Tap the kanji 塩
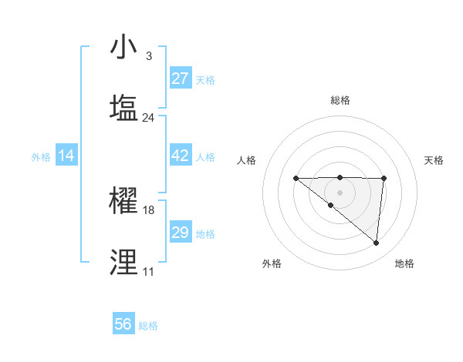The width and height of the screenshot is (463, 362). (x=123, y=107)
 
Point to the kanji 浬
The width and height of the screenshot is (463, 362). (x=123, y=262)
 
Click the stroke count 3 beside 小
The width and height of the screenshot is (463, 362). (x=148, y=56)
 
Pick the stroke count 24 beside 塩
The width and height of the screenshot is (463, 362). (x=148, y=118)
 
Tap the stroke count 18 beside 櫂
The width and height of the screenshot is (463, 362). (x=148, y=209)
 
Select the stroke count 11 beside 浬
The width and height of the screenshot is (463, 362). (x=148, y=272)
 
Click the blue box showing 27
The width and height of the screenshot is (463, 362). (x=180, y=79)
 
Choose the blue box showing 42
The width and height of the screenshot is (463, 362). (x=180, y=156)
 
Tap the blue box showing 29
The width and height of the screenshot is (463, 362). (x=180, y=233)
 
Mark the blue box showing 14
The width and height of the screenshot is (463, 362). (x=66, y=156)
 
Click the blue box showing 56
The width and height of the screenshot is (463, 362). (x=123, y=324)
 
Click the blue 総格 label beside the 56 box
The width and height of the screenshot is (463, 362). (x=148, y=326)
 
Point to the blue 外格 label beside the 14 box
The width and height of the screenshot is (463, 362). (x=41, y=157)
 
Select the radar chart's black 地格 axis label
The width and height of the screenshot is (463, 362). (x=404, y=263)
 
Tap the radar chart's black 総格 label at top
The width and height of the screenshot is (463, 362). (x=340, y=100)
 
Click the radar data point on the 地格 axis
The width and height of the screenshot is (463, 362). (x=377, y=243)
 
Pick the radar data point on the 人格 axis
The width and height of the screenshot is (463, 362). (x=296, y=179)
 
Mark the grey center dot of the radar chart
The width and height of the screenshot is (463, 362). (x=340, y=193)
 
